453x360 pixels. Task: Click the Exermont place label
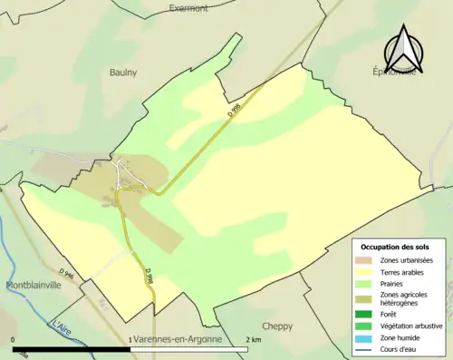point(188,8)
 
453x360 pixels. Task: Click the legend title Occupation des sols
point(395,247)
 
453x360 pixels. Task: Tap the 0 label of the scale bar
point(14,339)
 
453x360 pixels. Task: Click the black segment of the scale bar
point(72,348)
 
